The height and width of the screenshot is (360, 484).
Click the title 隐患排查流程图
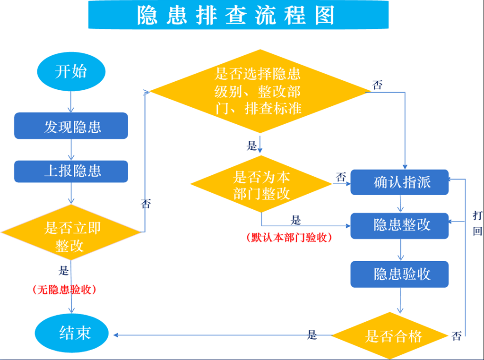236,15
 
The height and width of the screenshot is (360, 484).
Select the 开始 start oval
71,71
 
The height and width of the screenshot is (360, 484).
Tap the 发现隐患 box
71,126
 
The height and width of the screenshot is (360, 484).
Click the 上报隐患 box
71,171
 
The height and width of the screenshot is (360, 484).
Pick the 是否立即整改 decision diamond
71,232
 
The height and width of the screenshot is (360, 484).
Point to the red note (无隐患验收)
64,289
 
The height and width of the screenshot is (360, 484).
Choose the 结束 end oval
72,333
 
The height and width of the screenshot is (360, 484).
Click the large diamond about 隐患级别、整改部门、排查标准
260,91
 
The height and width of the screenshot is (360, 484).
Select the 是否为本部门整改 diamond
261,184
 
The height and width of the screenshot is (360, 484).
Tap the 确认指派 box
399,182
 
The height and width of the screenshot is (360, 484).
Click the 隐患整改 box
399,225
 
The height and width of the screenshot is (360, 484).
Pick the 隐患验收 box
399,274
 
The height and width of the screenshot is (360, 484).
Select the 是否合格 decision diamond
390,335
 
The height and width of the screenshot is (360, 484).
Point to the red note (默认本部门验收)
289,237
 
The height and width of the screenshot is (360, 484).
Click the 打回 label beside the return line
477,223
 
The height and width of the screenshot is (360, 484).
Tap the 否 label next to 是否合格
457,335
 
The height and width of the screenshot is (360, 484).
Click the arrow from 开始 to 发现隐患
71,102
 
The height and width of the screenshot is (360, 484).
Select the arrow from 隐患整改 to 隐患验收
401,249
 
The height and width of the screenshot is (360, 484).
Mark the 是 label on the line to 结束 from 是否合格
312,334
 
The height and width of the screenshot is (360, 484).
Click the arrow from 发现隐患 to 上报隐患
71,150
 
